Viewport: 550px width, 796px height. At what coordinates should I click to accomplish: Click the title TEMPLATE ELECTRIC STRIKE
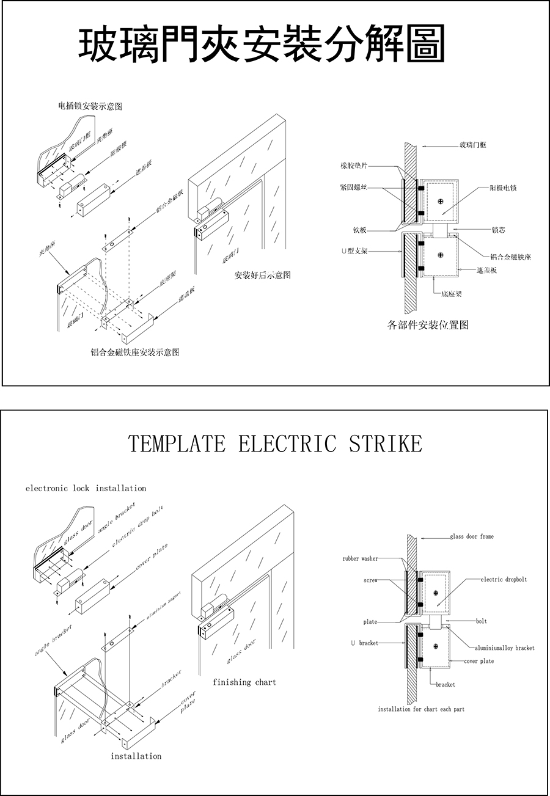(x=274, y=444)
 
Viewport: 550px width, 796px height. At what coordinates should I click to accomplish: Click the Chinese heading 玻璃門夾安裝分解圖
(x=262, y=45)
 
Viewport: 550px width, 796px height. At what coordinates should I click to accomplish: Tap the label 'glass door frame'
(x=471, y=536)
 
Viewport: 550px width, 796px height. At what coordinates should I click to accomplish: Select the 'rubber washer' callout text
(x=360, y=558)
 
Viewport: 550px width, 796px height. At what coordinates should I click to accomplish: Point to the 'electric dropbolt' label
(x=504, y=579)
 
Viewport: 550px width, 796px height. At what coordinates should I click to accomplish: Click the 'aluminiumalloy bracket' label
(x=505, y=648)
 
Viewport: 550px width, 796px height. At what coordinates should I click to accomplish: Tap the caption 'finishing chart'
(x=244, y=682)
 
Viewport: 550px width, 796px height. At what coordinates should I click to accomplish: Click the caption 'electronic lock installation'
(x=86, y=488)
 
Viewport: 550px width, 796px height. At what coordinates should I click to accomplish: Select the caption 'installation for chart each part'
(x=421, y=709)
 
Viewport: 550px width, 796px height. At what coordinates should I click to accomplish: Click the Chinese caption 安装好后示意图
(x=263, y=275)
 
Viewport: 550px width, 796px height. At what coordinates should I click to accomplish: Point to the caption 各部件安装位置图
(x=428, y=325)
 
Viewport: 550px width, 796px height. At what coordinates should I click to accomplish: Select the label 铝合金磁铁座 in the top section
(x=510, y=257)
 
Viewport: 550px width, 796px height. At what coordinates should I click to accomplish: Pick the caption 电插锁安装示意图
(x=90, y=106)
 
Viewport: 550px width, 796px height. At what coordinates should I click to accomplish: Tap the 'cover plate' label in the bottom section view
(x=479, y=661)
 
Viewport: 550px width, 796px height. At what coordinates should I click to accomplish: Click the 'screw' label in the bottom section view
(x=370, y=580)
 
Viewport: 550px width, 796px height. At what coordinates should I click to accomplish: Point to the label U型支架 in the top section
(x=354, y=251)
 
